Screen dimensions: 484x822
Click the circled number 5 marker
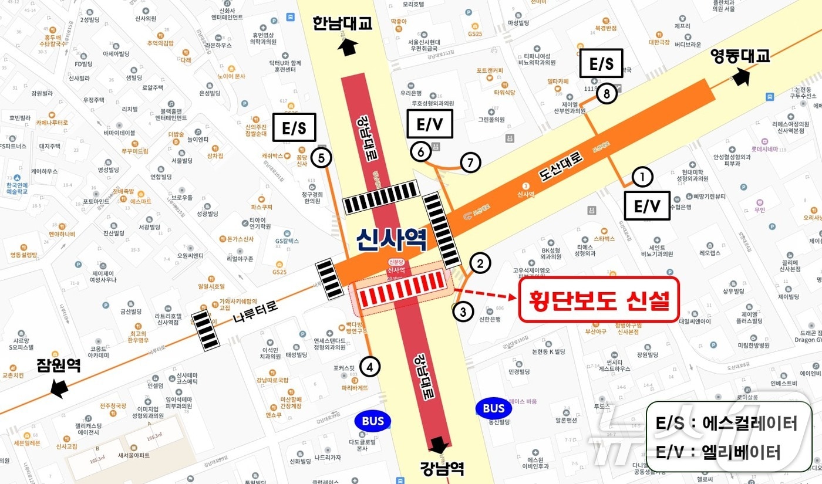321,157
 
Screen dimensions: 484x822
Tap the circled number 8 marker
607,94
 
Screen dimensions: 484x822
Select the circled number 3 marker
463,312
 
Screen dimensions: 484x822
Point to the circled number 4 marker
370,367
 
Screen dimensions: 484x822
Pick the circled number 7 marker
470,163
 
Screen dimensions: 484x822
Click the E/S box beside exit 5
294,127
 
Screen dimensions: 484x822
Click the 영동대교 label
739,56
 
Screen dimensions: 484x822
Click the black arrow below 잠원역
59,388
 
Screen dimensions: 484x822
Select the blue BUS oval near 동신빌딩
494,409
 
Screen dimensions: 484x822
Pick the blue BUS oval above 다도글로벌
373,421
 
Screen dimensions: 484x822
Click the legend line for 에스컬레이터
727,423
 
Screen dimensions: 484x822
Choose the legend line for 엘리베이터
719,452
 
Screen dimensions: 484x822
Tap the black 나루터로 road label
255,311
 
